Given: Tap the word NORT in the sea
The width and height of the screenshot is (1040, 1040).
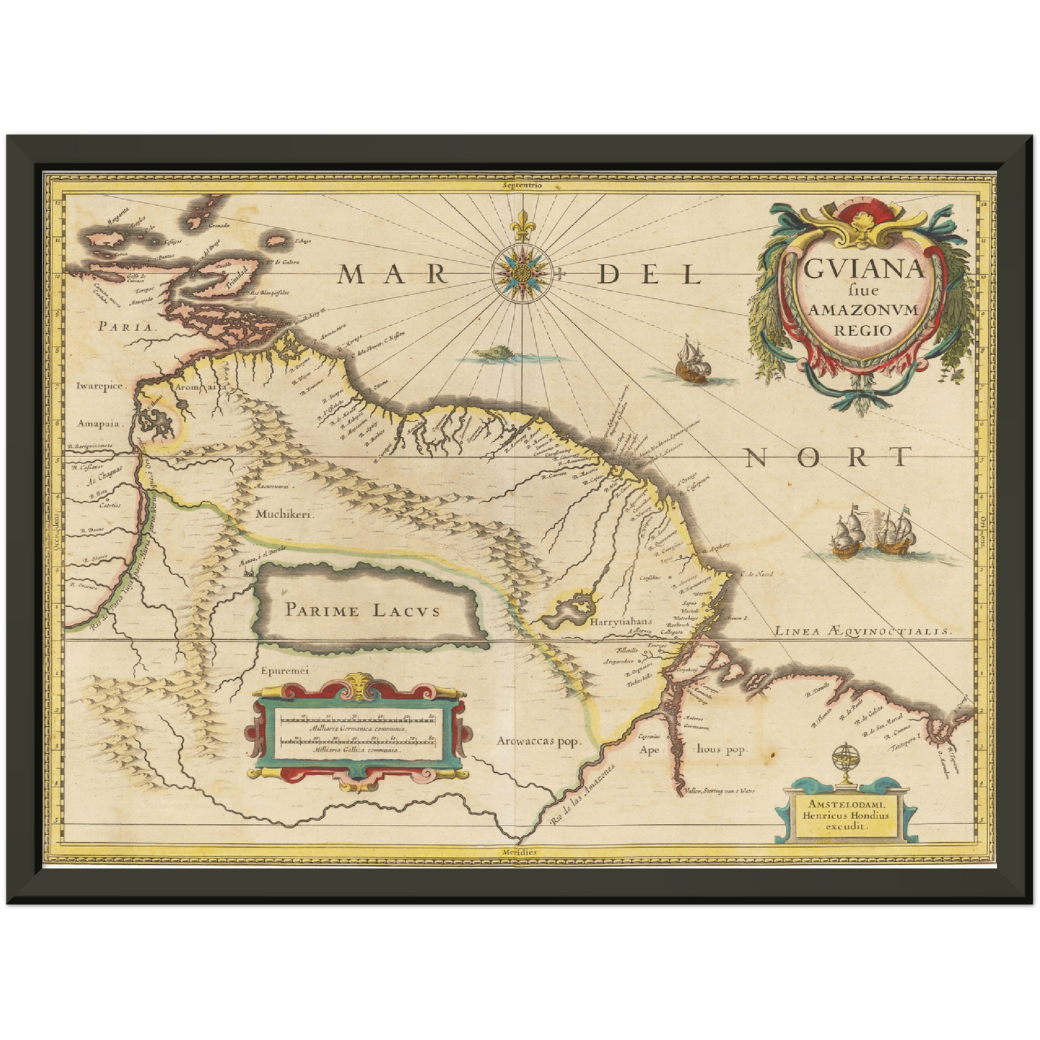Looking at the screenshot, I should [828, 456].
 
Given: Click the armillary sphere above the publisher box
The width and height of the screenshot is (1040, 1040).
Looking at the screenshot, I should [841, 765].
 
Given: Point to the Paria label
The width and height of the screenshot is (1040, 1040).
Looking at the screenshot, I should [127, 325].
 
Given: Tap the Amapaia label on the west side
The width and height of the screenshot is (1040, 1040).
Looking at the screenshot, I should [99, 424].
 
